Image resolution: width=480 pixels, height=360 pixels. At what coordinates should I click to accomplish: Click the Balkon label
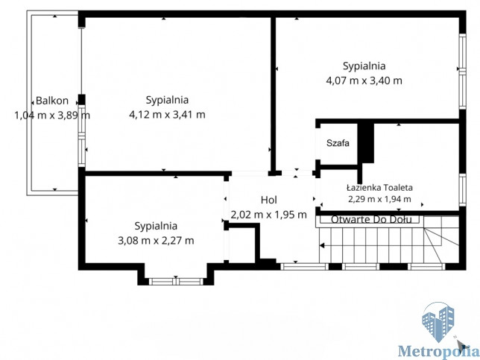(52, 101)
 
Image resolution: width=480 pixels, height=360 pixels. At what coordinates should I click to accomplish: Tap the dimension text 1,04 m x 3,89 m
(52, 116)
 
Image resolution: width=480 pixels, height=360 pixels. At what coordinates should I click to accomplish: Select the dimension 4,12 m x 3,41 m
(167, 115)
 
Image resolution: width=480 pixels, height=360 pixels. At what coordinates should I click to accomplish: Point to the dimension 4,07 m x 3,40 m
(364, 80)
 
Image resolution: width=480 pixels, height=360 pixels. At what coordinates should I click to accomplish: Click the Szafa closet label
(338, 143)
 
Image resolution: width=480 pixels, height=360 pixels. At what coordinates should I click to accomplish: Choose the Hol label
(269, 200)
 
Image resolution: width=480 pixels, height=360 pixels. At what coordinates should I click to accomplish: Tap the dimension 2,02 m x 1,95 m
(269, 215)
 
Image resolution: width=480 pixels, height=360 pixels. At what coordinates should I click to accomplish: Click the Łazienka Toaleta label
(379, 187)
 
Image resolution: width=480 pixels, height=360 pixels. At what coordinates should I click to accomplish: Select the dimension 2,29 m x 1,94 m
(379, 199)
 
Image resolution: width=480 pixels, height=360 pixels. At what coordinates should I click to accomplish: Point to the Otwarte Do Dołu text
(371, 219)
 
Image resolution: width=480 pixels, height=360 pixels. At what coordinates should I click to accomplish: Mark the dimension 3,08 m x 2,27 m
(156, 241)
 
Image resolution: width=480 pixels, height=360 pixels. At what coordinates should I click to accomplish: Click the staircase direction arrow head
(322, 245)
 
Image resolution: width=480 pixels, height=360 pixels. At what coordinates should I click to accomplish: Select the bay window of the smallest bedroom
(176, 282)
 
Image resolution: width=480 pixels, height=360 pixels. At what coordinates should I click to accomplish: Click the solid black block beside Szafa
(366, 142)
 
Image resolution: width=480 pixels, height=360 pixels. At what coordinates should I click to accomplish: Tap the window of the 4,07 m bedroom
(463, 71)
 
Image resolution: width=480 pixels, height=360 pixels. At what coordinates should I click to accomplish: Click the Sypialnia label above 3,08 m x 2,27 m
(156, 226)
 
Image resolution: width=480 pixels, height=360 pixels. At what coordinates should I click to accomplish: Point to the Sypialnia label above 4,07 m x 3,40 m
(364, 66)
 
